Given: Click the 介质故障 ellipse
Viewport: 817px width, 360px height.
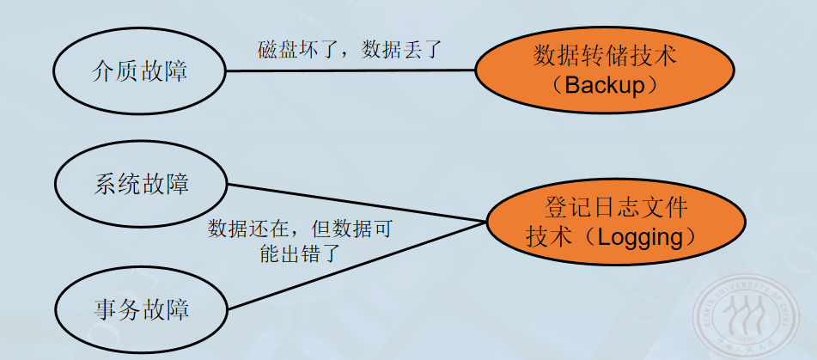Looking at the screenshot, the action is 139,70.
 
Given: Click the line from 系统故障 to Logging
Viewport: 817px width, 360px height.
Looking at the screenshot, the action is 357,204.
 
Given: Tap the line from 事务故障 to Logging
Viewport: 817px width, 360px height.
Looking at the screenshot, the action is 357,264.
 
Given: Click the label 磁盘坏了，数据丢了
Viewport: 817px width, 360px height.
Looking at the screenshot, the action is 349,48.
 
